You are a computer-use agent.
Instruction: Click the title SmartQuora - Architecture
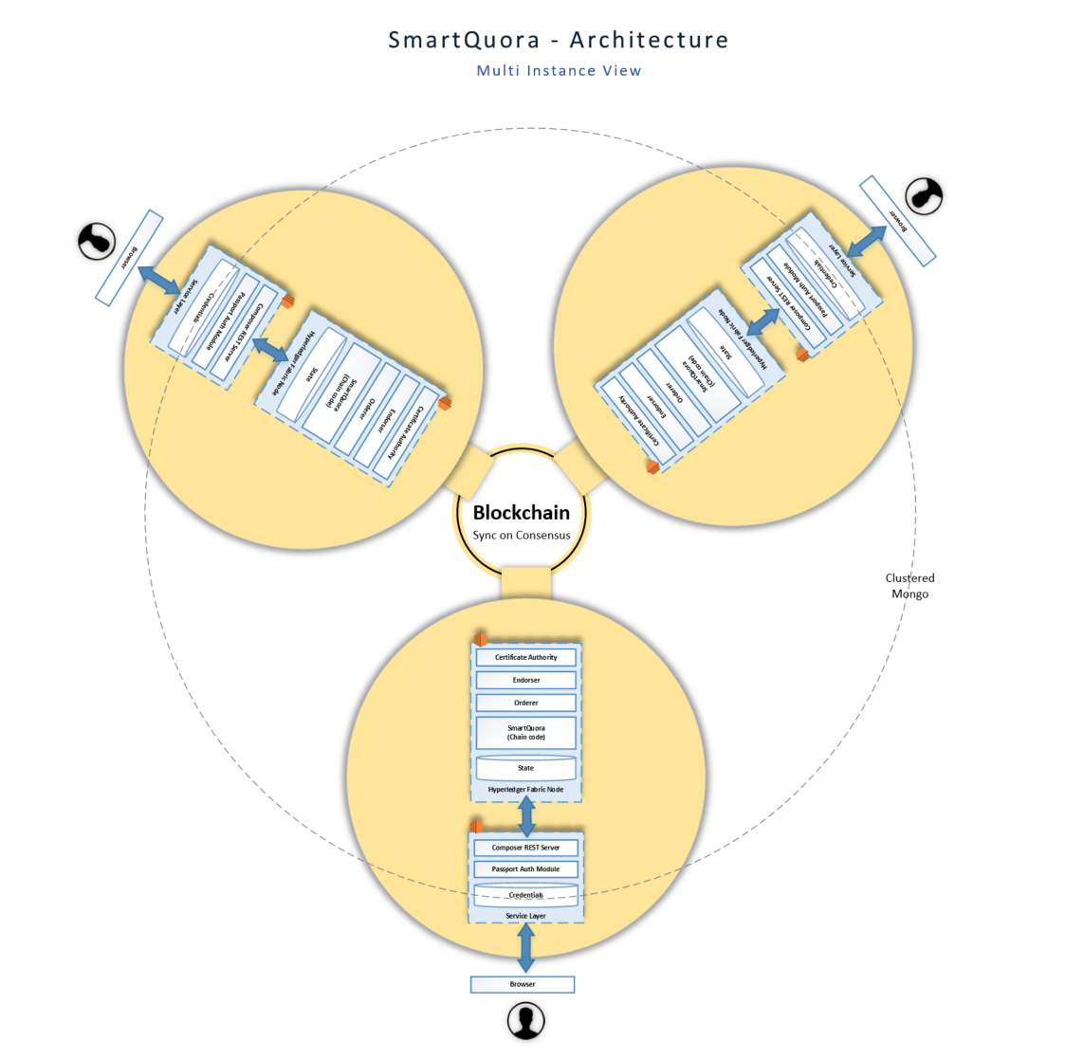click(558, 40)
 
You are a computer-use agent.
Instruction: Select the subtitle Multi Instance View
click(559, 71)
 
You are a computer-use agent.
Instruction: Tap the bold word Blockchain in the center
click(521, 513)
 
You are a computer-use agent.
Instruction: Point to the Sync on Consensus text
click(522, 536)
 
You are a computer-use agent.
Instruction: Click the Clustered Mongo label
click(909, 586)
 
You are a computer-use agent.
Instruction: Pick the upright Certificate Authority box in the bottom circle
click(525, 657)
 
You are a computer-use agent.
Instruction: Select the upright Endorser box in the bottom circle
click(525, 680)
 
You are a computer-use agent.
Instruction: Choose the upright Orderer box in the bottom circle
click(525, 703)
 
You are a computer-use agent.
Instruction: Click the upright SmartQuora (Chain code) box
click(525, 732)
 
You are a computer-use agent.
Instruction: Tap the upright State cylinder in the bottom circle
click(525, 767)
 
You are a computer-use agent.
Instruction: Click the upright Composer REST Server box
click(525, 848)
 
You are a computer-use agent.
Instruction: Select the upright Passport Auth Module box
click(525, 868)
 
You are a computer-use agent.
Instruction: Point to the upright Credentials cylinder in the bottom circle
click(525, 895)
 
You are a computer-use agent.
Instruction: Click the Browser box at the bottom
click(523, 984)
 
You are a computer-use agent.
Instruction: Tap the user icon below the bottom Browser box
click(525, 1021)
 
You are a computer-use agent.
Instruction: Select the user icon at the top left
click(96, 242)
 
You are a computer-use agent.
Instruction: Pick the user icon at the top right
click(924, 196)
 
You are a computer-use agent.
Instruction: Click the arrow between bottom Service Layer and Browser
click(525, 948)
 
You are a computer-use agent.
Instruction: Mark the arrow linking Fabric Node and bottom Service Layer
click(525, 815)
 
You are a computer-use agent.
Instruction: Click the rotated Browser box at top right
click(897, 220)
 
